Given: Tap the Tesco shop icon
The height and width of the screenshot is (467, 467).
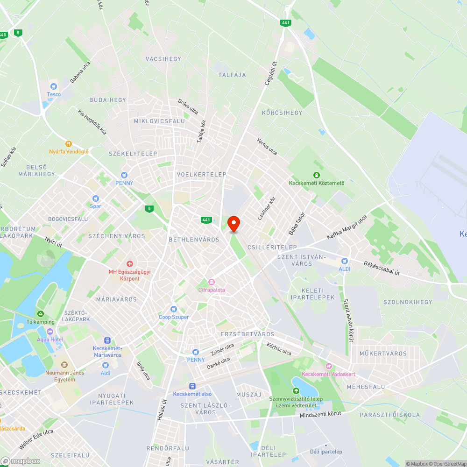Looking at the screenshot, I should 54,86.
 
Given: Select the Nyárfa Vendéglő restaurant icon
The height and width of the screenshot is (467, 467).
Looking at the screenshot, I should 69,144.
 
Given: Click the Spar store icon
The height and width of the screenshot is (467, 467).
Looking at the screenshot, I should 96,198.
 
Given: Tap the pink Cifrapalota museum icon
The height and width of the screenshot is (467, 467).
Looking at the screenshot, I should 211,282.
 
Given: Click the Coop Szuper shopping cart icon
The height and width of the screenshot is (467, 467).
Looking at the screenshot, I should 174,309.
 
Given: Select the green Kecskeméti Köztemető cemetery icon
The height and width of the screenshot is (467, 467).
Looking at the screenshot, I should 316,175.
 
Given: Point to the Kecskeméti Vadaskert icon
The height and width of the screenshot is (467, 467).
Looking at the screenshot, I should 328,367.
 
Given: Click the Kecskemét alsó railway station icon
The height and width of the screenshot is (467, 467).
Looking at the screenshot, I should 192,386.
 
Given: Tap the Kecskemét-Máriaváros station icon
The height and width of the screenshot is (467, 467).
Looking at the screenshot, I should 107,341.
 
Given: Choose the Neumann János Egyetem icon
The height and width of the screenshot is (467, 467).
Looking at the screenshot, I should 64,365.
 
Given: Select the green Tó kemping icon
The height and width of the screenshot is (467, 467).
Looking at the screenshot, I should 41,314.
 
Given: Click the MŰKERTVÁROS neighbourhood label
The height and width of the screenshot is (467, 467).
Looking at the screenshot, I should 383,354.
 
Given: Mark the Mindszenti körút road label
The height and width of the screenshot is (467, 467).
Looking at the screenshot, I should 320,414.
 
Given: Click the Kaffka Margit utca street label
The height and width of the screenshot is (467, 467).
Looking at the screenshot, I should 347,227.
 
